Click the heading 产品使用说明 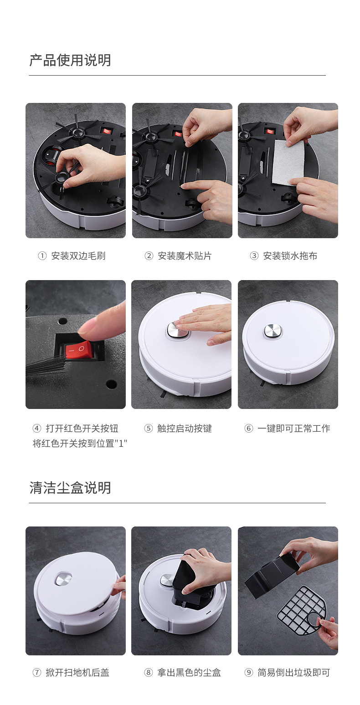70,60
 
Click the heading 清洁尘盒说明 70,487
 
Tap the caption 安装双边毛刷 78,256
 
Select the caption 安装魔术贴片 185,256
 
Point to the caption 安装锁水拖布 290,256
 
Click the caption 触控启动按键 185,429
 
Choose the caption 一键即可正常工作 294,429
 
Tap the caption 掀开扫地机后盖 77,673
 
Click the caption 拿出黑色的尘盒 189,673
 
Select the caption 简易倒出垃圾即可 294,673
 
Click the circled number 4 37,429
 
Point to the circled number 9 249,673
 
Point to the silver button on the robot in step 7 63,579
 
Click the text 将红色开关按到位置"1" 80,444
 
